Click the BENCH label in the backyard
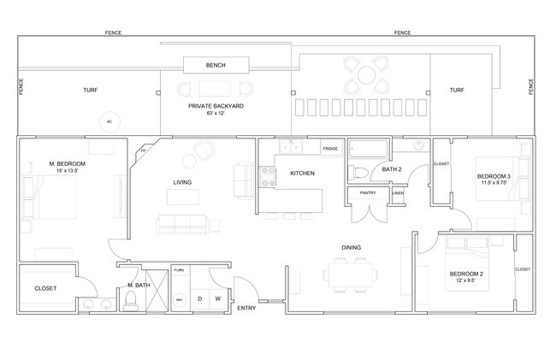(x=216, y=66)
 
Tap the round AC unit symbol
(x=109, y=122)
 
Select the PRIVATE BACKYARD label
(x=216, y=105)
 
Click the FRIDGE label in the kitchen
(x=330, y=149)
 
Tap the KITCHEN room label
(x=302, y=174)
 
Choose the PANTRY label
(x=368, y=193)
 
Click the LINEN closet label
(x=398, y=193)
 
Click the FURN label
(x=179, y=270)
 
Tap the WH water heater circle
(x=179, y=300)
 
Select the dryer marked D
(x=199, y=298)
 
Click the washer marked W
(x=218, y=298)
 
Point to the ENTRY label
(x=246, y=308)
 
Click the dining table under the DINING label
(x=351, y=274)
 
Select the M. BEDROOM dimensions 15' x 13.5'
(x=67, y=170)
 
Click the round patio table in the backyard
(x=366, y=75)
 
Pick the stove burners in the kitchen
(x=268, y=176)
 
